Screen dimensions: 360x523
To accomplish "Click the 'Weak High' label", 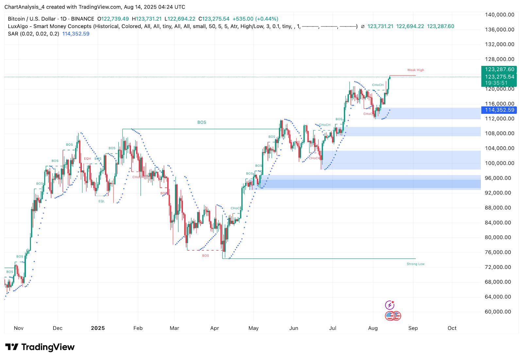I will pos(415,70).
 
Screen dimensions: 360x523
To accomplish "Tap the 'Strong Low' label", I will pos(415,264).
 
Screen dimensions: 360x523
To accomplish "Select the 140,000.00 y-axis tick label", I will pos(499,15).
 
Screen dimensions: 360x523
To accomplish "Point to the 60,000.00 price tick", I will pos(499,312).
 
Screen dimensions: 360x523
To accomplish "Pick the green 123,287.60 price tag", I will pos(499,69).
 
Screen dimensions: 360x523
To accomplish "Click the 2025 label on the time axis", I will pos(98,328).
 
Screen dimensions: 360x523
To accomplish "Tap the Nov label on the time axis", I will pos(19,328).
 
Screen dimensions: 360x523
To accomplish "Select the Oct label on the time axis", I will pos(452,328).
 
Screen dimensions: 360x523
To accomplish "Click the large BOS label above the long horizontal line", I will pos(202,123).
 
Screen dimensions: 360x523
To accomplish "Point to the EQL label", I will pos(102,201).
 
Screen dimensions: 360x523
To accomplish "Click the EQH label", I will pos(87,159).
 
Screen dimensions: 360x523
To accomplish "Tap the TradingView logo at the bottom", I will pos(40,347).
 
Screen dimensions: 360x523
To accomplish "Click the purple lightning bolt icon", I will pos(390,305).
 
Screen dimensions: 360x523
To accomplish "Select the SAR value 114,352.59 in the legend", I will pos(76,34).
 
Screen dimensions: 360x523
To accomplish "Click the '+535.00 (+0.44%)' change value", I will pos(255,19).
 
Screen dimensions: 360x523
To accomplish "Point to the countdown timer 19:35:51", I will pos(496,83).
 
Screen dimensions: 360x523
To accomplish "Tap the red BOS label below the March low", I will pos(205,255).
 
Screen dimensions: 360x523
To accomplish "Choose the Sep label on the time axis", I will pos(413,328).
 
